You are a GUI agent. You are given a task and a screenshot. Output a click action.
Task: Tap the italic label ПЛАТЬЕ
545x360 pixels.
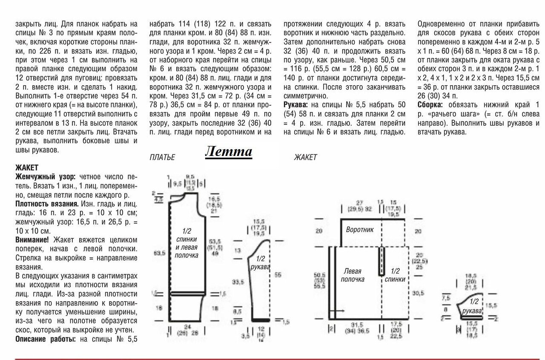pos(162,158)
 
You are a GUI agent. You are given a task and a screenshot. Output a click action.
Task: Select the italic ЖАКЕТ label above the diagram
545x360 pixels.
pos(305,158)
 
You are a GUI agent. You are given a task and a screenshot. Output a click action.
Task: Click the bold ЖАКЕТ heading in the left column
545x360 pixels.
pos(27,168)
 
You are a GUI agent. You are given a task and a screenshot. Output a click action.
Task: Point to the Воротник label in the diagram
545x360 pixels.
pos(360,230)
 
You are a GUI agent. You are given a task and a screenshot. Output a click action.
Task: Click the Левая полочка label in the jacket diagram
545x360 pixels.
pos(352,275)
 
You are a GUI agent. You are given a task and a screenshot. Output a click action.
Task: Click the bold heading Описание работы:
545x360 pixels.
pos(46,339)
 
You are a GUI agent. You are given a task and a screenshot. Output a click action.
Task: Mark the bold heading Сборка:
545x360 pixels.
pos(430,105)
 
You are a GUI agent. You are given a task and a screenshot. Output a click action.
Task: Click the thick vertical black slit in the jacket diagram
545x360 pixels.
pos(382,261)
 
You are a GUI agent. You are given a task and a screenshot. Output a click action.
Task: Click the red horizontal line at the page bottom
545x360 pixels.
pos(272,359)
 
